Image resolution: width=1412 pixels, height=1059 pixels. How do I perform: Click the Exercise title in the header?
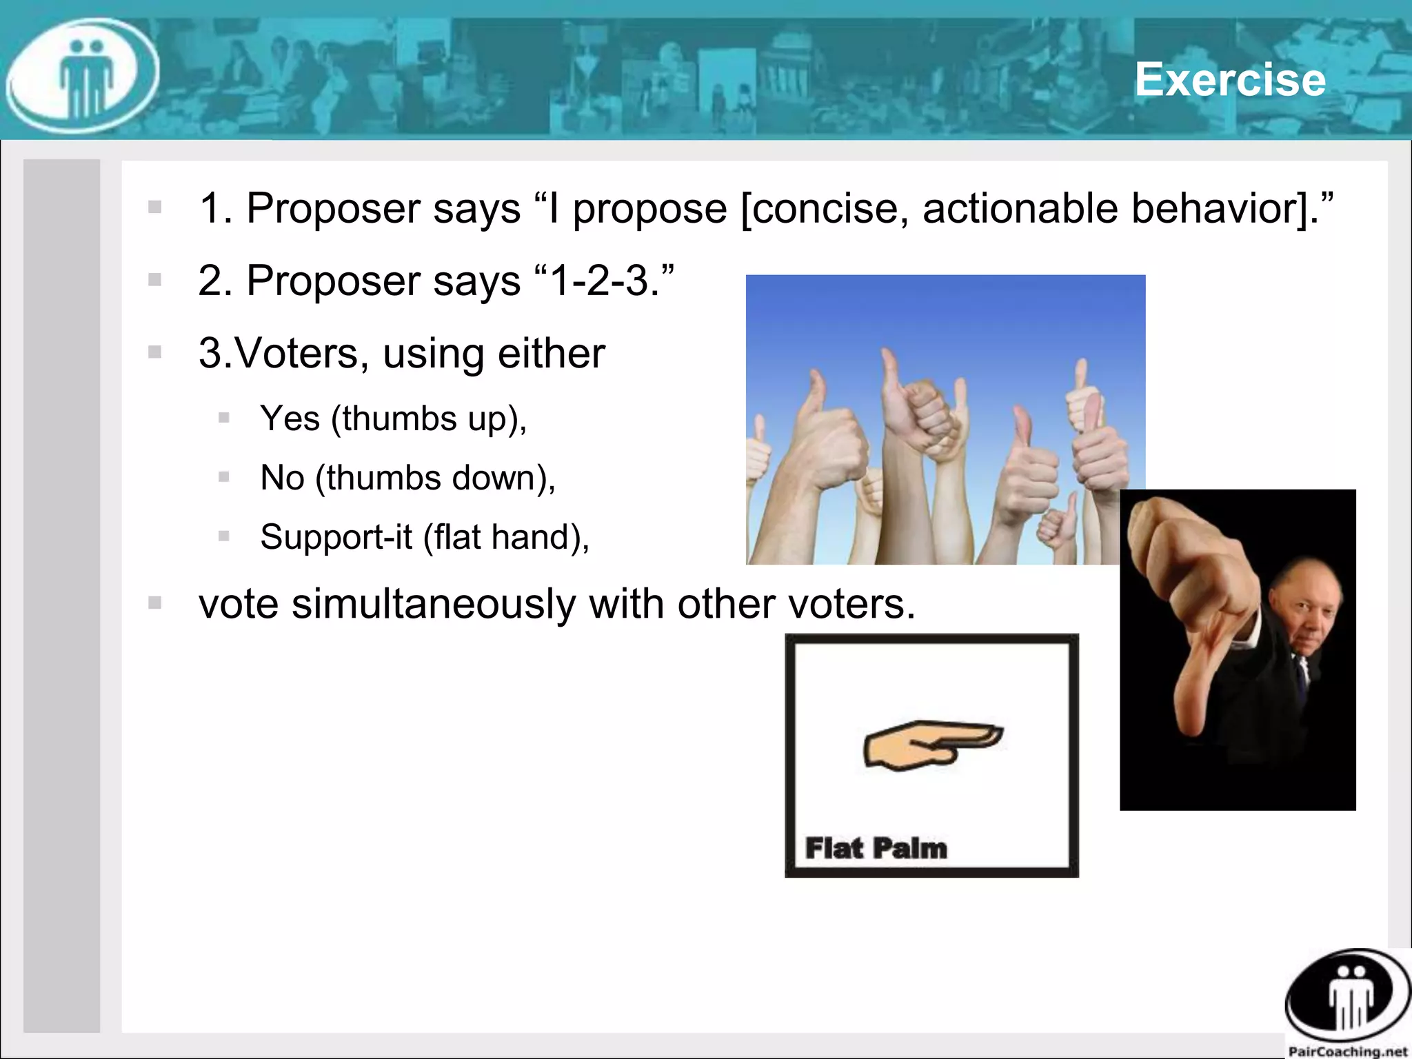[1230, 79]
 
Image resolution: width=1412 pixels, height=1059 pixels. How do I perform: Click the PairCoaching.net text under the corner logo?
[1347, 1051]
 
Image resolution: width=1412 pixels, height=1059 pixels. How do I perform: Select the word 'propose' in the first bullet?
[649, 210]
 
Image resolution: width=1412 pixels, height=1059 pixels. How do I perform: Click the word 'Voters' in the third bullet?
[302, 354]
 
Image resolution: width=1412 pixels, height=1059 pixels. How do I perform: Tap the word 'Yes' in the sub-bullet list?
[290, 418]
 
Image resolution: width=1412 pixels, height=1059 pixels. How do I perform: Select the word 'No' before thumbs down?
[282, 478]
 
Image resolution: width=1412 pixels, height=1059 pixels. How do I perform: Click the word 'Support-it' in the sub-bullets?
[336, 537]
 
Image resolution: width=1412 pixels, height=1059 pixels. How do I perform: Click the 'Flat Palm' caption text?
[876, 848]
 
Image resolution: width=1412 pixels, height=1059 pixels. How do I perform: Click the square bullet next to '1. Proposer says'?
[154, 208]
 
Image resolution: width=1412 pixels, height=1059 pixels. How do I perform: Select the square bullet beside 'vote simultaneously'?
[154, 603]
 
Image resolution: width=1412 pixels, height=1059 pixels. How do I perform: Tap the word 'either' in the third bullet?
[551, 354]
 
